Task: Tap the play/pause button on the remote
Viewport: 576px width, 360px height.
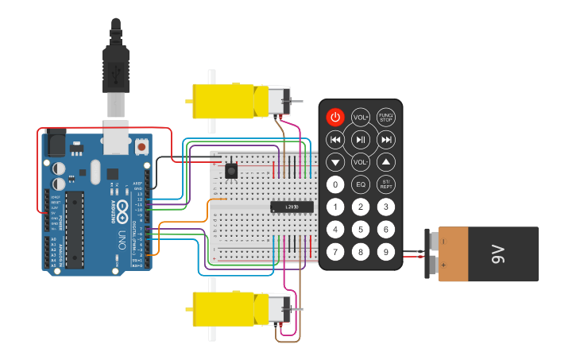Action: point(361,140)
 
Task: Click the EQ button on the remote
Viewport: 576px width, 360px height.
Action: point(361,185)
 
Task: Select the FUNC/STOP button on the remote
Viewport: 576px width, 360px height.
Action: point(386,117)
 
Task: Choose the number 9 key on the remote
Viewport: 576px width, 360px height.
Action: point(386,253)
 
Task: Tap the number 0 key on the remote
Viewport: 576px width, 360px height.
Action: point(336,185)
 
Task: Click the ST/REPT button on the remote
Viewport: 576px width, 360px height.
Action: point(386,185)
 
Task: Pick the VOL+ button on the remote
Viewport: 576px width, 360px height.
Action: point(361,117)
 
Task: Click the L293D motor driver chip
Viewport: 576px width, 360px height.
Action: point(292,207)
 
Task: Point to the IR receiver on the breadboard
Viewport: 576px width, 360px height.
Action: point(231,170)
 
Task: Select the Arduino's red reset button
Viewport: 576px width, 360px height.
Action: point(141,147)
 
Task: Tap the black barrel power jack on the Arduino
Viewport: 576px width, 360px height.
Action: point(56,144)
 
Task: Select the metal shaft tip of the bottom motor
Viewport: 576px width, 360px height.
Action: point(300,308)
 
